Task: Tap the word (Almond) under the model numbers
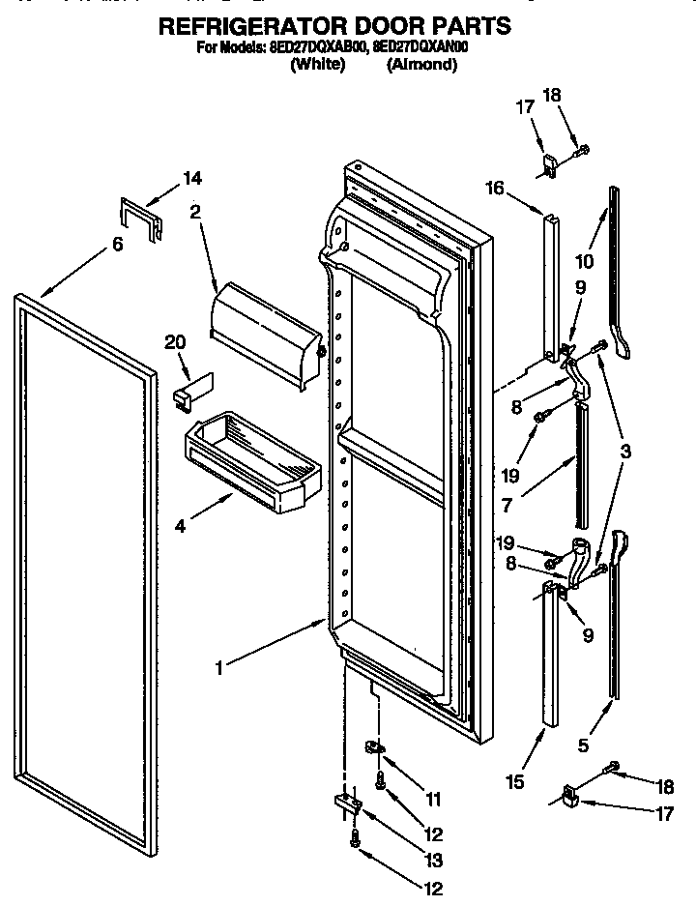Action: tap(421, 65)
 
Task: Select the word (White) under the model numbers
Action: tap(318, 65)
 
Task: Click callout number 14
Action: tap(193, 178)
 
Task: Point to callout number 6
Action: tap(117, 245)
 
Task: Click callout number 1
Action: tap(219, 668)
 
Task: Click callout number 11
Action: tap(432, 800)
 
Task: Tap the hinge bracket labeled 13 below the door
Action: tap(348, 803)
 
